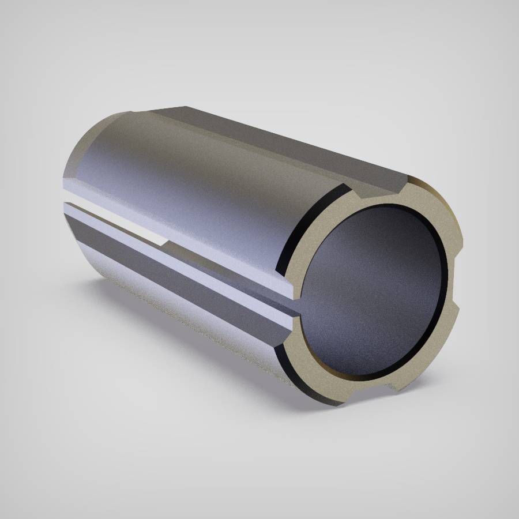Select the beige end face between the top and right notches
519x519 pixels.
click(430, 222)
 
